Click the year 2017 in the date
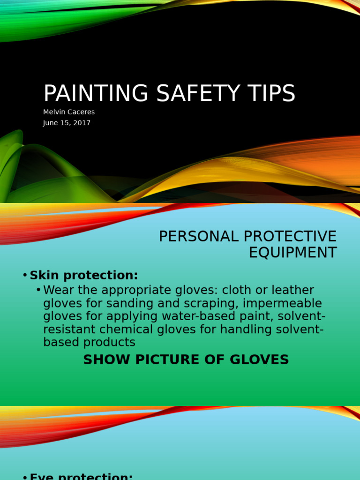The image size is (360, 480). click(82, 123)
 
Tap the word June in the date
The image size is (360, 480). click(50, 123)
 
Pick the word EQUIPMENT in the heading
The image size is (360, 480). click(292, 253)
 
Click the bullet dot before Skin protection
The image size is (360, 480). click(25, 275)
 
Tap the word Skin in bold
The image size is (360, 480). click(43, 275)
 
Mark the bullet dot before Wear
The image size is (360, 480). click(38, 290)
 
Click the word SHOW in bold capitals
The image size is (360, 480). click(100, 360)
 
